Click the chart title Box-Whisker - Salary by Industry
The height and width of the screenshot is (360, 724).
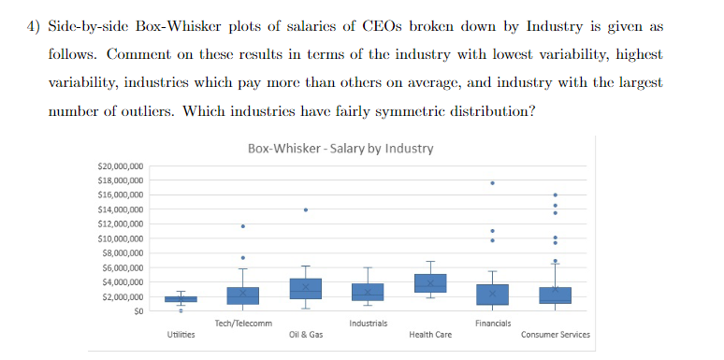[340, 149]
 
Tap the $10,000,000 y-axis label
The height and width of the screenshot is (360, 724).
[120, 238]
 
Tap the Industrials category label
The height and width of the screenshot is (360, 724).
[368, 324]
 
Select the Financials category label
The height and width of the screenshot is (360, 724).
[492, 324]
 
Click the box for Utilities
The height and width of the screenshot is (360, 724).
[181, 298]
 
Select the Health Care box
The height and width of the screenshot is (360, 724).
[430, 282]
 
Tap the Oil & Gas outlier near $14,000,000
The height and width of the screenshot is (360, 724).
[306, 209]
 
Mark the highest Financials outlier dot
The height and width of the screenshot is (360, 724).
[493, 182]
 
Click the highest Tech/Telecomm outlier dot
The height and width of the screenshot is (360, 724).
[243, 226]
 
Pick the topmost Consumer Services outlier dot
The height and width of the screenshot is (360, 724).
[556, 194]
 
